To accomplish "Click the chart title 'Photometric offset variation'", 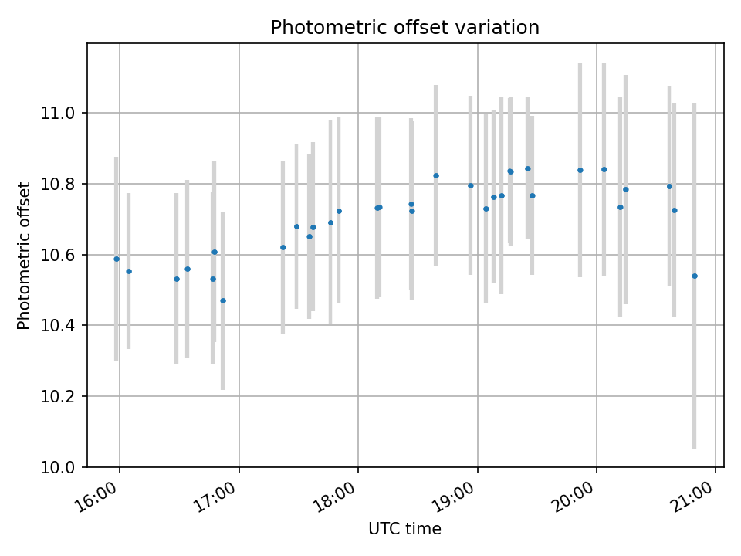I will coord(404,28).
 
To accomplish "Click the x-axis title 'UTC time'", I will coord(404,529).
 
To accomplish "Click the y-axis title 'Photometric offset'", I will coord(24,256).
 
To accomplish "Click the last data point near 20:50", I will coord(695,276).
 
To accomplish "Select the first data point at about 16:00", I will coord(117,259).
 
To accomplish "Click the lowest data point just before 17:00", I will coord(223,300).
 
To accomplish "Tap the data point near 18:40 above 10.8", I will coord(436,175).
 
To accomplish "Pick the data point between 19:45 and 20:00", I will coord(580,170).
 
